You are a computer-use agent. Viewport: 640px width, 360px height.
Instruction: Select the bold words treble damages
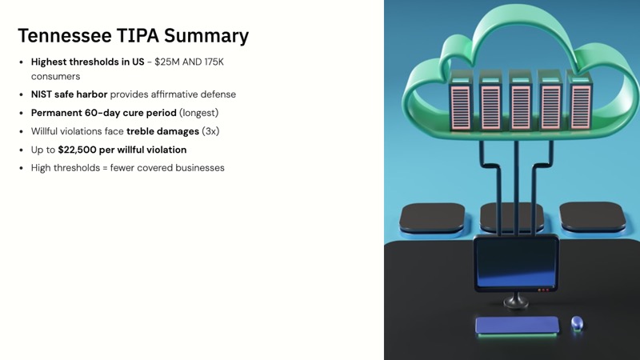[x=162, y=131]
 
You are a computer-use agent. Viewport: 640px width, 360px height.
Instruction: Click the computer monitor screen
[x=515, y=264]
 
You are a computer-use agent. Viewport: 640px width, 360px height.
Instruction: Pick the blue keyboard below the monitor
[x=517, y=325]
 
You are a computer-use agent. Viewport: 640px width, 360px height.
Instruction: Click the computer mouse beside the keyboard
[x=577, y=323]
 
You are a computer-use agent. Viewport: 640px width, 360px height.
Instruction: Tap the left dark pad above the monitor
[x=432, y=216]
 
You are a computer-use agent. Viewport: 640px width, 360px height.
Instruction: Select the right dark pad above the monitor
[x=591, y=215]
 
